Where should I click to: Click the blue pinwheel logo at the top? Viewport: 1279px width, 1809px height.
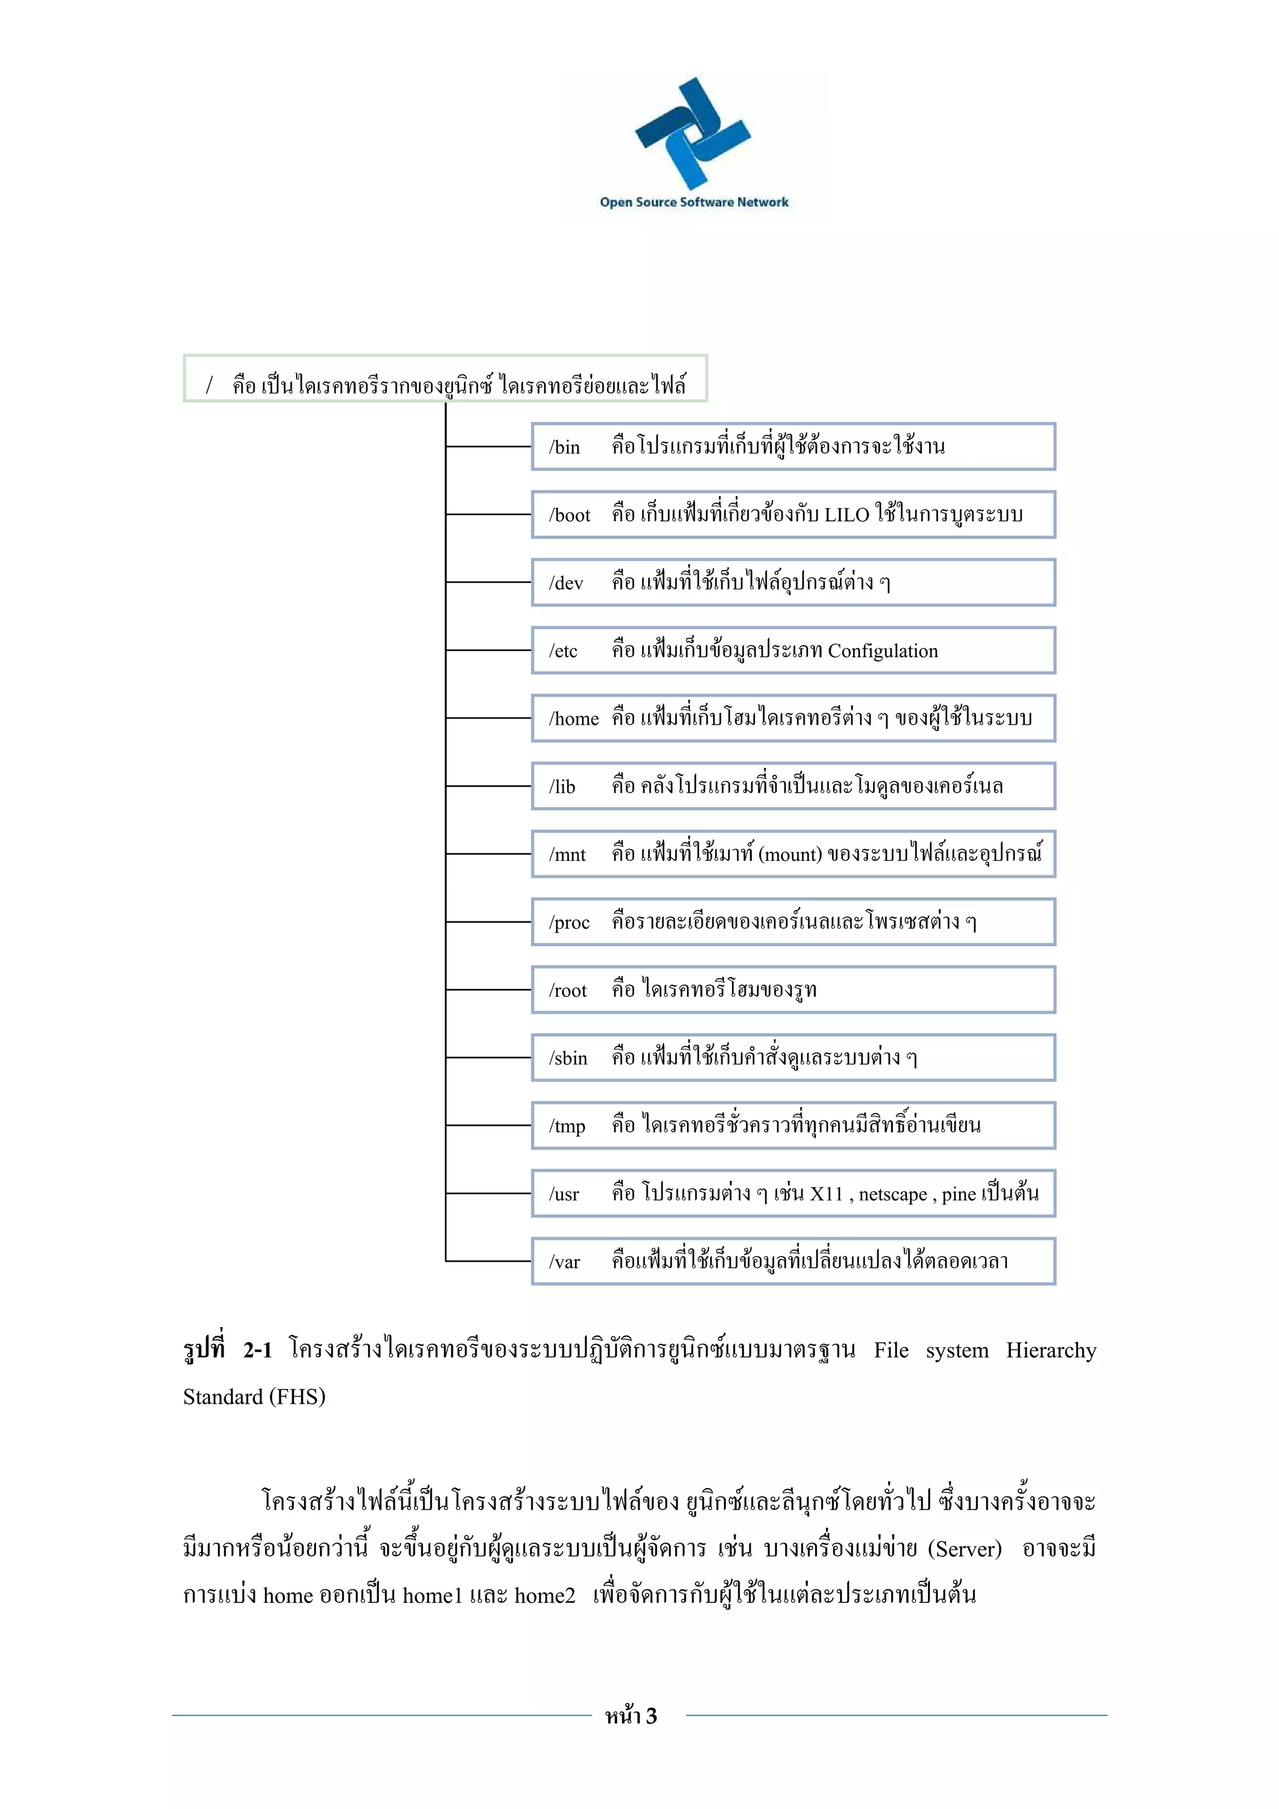tap(693, 132)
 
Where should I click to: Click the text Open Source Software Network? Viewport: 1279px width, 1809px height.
tap(693, 202)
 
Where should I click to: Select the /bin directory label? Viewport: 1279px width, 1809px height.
tap(564, 448)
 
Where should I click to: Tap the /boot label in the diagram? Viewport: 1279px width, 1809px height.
tap(569, 515)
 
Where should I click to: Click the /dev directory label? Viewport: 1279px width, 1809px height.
tap(566, 583)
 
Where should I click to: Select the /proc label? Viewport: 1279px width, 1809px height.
tap(569, 923)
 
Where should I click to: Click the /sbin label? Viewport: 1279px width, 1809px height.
tap(568, 1058)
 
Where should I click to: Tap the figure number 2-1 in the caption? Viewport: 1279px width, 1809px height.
tap(258, 1350)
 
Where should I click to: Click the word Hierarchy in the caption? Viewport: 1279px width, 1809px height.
tap(1050, 1350)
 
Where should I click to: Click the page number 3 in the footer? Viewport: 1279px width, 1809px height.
tap(651, 1716)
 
